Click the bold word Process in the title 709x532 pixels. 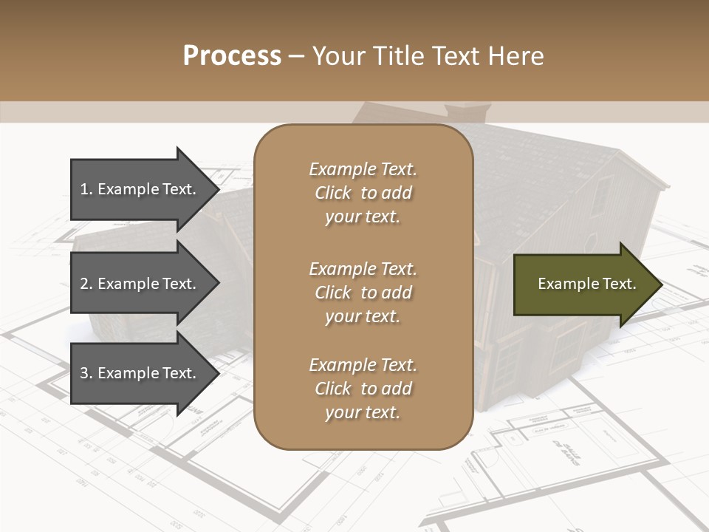[x=232, y=56]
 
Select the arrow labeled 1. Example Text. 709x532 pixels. [x=140, y=189]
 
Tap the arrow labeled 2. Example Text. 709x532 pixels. [x=140, y=284]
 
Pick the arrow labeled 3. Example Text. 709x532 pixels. [x=140, y=373]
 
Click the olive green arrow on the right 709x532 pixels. [x=583, y=284]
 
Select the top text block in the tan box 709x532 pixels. [x=363, y=193]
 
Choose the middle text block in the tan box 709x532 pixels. [x=363, y=293]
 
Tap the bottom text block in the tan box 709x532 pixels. [x=363, y=389]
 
